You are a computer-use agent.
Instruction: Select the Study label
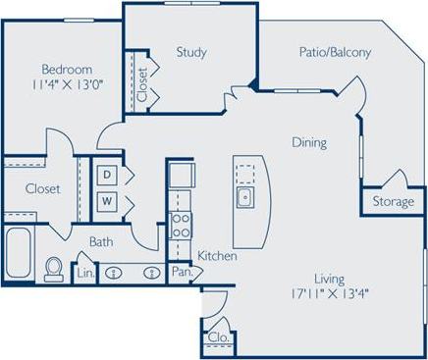[190, 52]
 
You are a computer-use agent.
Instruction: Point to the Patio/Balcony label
[336, 53]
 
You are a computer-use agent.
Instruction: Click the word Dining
[308, 143]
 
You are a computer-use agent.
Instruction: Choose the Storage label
[392, 202]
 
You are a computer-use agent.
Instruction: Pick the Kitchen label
[217, 256]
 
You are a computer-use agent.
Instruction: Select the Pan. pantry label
[181, 270]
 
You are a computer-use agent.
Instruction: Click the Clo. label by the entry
[218, 337]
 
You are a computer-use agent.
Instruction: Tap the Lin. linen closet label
[86, 271]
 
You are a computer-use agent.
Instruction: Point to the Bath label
[101, 241]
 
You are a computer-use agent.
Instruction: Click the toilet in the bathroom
[55, 268]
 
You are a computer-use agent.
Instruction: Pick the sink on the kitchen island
[243, 198]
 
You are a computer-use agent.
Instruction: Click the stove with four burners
[181, 225]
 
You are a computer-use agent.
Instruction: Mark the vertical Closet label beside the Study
[142, 82]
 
